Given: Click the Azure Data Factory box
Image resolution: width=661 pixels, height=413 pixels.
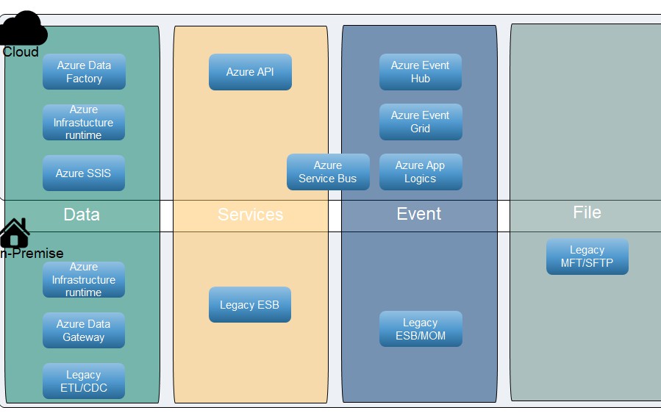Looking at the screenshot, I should (x=84, y=72).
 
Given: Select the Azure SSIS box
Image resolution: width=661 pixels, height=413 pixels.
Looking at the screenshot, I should (x=84, y=173).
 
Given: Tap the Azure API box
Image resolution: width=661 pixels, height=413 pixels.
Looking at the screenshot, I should (x=250, y=72).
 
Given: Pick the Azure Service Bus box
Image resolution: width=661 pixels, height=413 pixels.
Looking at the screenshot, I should (x=328, y=172).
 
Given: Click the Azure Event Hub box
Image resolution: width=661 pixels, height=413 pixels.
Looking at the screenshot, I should (x=421, y=72).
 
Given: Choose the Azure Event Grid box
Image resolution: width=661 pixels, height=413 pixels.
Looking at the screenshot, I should (x=421, y=122).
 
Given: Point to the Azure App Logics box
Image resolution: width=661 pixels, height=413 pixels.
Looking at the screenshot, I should (x=421, y=172).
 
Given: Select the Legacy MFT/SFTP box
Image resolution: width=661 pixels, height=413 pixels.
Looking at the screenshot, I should (x=587, y=256).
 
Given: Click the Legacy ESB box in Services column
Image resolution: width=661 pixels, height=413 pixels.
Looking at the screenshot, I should (x=250, y=305).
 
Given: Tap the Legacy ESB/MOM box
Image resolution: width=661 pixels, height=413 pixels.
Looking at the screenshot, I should (x=421, y=329).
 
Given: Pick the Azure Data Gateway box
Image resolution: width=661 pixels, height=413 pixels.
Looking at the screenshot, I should (x=84, y=331).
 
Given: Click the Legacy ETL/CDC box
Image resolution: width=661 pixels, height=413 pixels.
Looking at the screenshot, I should (x=84, y=381).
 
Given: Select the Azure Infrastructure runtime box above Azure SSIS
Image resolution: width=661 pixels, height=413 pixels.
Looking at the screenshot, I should (x=84, y=122).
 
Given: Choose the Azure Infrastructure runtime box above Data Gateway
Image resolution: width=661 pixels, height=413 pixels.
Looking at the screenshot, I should (x=84, y=280).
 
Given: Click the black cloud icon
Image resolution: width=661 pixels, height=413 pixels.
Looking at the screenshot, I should (x=24, y=29).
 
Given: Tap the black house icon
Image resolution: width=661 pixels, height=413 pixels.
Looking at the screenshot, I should (x=15, y=233).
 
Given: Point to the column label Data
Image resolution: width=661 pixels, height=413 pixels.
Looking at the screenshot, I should (x=82, y=215).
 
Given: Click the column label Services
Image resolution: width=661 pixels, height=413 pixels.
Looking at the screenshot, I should (x=250, y=215).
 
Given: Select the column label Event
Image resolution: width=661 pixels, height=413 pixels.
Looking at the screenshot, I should (x=419, y=214).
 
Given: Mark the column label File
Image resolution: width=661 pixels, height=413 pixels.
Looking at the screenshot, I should (x=587, y=212).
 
